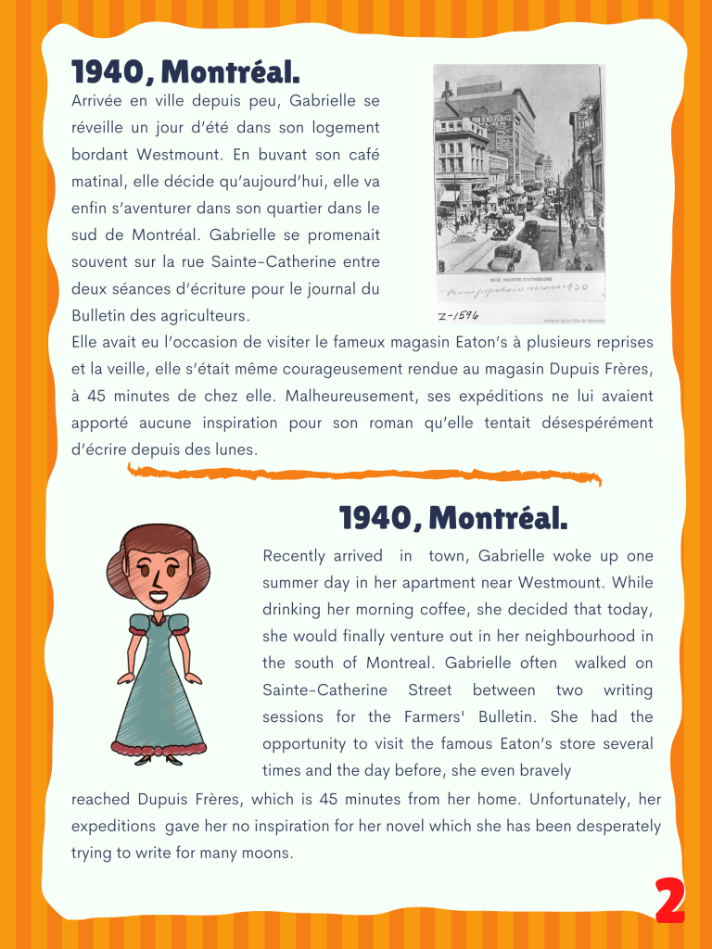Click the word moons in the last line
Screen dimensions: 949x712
[x=268, y=852]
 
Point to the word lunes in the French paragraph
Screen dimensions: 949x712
[x=235, y=449]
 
